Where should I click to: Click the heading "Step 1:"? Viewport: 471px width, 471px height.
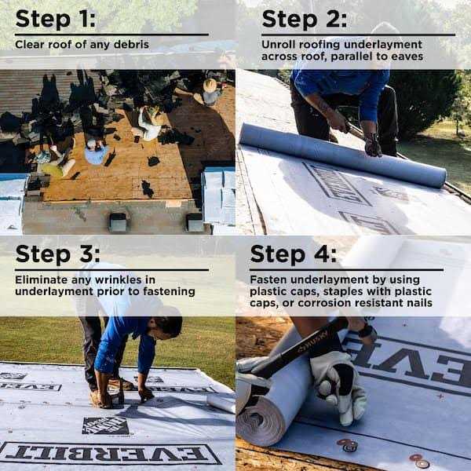tap(55, 20)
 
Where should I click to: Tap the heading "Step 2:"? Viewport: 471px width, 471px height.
tap(305, 20)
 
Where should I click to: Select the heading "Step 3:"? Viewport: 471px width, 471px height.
tap(57, 254)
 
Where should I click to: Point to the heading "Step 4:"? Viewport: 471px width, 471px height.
tap(293, 254)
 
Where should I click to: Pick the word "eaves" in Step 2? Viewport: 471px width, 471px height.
tap(407, 57)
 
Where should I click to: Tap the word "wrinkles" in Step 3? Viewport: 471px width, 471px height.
tap(118, 279)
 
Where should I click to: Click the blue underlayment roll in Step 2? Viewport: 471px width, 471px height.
tap(342, 155)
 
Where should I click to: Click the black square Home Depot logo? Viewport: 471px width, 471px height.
tap(106, 425)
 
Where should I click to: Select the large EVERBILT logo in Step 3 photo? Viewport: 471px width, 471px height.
tap(111, 453)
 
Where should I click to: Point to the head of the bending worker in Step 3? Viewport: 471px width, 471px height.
tap(167, 323)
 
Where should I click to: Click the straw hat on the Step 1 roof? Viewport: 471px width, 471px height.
tap(210, 86)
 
